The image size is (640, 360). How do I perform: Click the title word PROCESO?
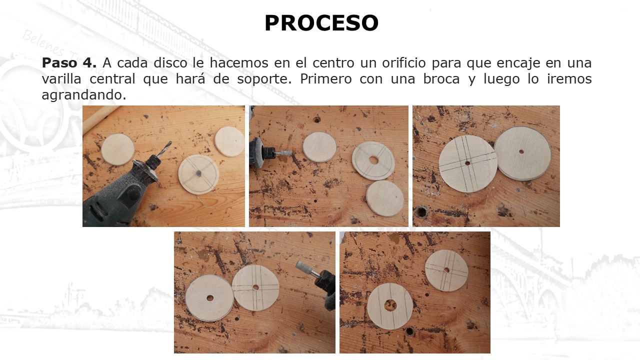click(321, 23)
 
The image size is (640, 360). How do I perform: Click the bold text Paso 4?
click(69, 63)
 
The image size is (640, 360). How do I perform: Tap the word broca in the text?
click(441, 79)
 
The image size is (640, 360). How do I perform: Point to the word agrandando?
click(83, 95)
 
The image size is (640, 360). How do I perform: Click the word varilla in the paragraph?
click(61, 79)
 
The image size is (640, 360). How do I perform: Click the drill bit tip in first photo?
click(171, 142)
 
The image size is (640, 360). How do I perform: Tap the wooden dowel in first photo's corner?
click(100, 116)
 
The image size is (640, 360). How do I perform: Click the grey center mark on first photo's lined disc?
click(198, 173)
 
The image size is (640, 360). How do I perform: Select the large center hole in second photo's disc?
click(373, 160)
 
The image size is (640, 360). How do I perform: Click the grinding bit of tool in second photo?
click(284, 153)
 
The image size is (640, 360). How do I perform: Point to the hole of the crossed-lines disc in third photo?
click(467, 163)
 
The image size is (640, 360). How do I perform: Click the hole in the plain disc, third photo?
click(521, 151)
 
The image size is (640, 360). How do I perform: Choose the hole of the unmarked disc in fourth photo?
click(210, 298)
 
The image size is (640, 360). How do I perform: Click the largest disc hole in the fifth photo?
click(390, 305)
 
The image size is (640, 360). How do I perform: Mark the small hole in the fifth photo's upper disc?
click(446, 270)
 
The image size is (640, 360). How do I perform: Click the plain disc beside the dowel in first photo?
click(117, 149)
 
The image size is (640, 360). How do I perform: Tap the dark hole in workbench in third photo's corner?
click(421, 212)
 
